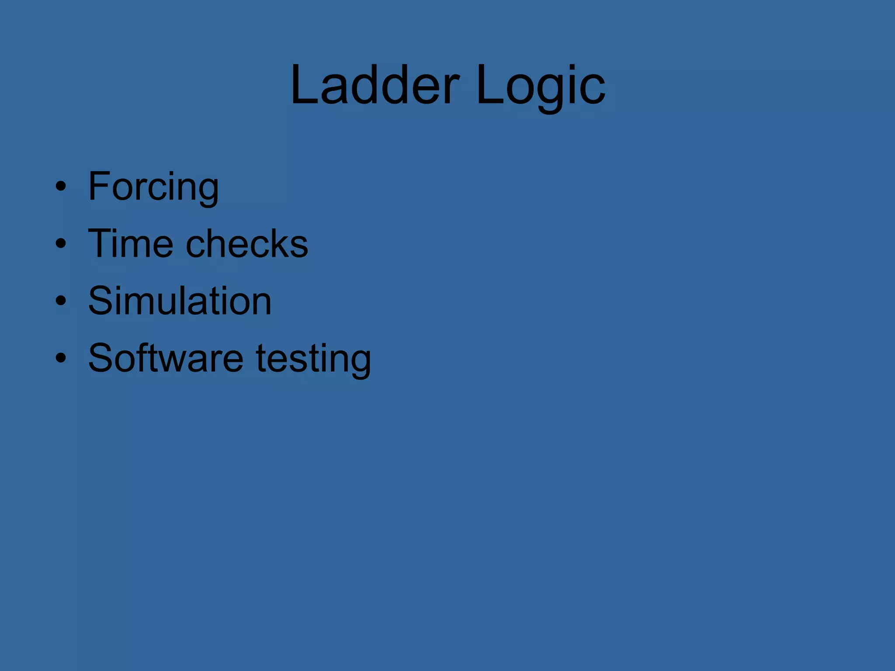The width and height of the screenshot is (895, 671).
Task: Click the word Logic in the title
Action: tap(541, 85)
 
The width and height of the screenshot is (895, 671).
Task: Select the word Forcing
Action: tap(153, 187)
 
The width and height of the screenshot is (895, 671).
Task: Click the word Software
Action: tap(166, 358)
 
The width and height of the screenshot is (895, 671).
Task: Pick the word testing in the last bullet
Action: tap(313, 359)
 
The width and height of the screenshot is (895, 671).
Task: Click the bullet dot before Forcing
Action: tap(61, 187)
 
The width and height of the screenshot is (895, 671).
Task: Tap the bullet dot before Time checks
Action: tap(61, 243)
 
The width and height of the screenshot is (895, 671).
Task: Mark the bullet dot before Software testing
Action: tap(61, 358)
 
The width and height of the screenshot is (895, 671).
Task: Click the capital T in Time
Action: tap(101, 243)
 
